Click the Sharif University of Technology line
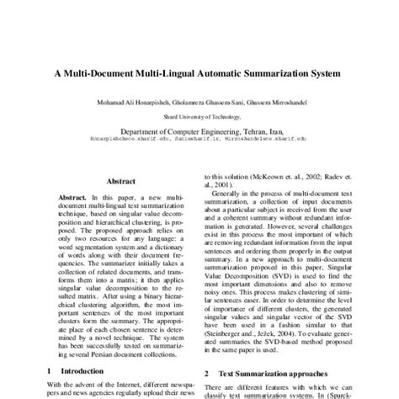[199, 116]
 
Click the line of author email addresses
[199, 142]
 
